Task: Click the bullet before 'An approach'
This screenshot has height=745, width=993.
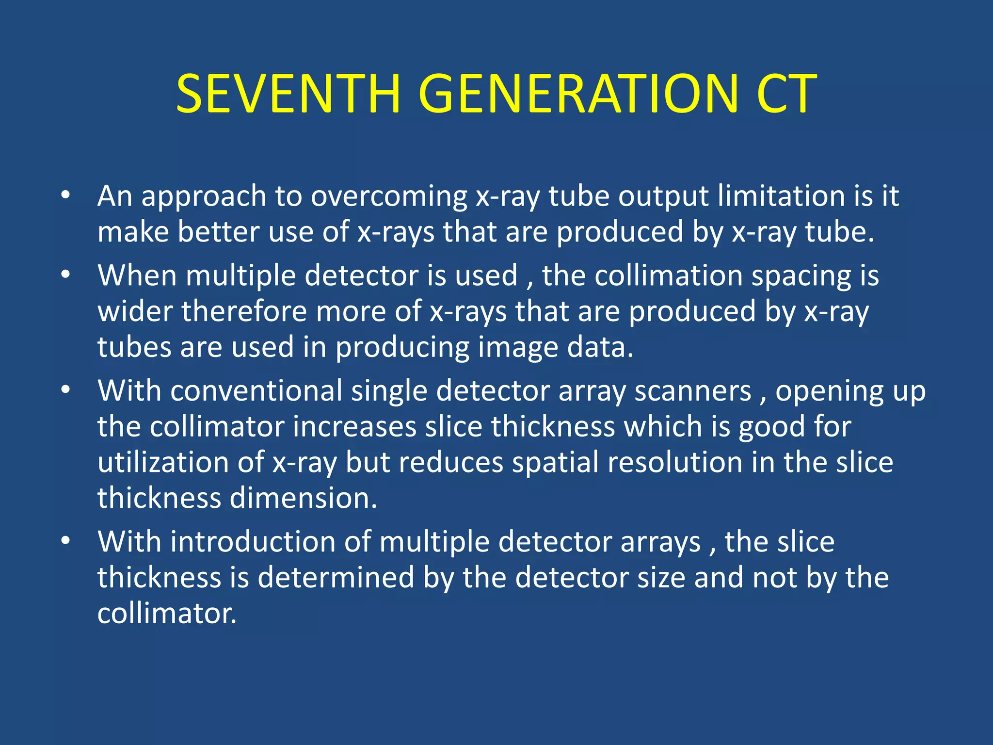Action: (65, 196)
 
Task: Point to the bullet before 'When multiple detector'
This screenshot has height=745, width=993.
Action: (65, 275)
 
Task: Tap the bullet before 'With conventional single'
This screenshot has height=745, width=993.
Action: (65, 390)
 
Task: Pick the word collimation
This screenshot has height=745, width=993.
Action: (669, 275)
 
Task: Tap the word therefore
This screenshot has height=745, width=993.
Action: (244, 311)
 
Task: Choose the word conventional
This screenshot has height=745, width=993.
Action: (256, 390)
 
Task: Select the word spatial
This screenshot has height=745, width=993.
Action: (555, 463)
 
